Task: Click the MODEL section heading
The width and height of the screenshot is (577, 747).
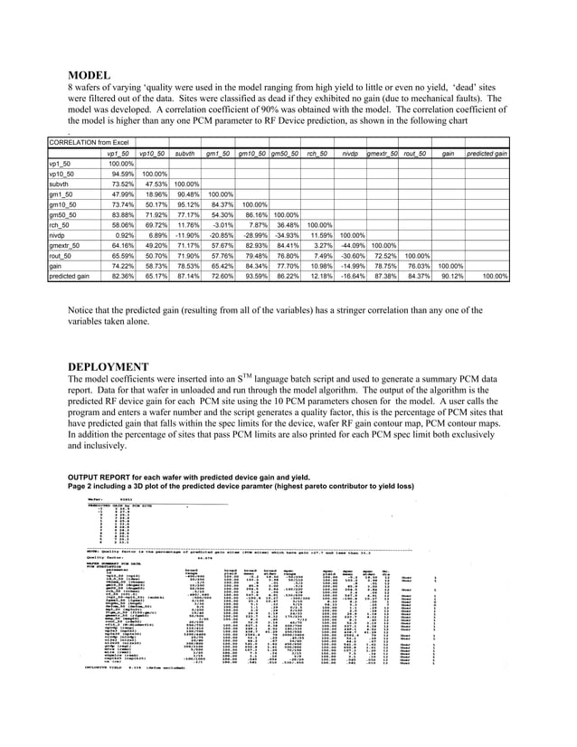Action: point(90,74)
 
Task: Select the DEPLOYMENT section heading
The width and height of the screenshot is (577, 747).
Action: point(109,366)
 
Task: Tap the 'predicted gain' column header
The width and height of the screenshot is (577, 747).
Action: point(486,155)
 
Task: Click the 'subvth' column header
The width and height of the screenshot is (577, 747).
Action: point(187,155)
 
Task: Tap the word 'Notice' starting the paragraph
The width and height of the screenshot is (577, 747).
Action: point(83,311)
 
